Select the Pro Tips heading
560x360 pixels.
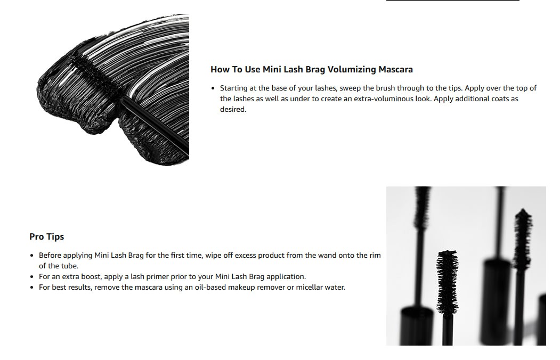point(47,236)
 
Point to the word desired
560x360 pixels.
point(233,110)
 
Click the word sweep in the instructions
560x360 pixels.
point(351,88)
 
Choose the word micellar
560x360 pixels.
point(309,287)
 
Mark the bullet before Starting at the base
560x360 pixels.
point(213,88)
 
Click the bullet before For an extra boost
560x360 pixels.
point(32,277)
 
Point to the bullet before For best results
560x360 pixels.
point(32,288)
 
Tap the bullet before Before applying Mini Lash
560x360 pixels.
point(32,256)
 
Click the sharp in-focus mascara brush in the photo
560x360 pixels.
point(447,282)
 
